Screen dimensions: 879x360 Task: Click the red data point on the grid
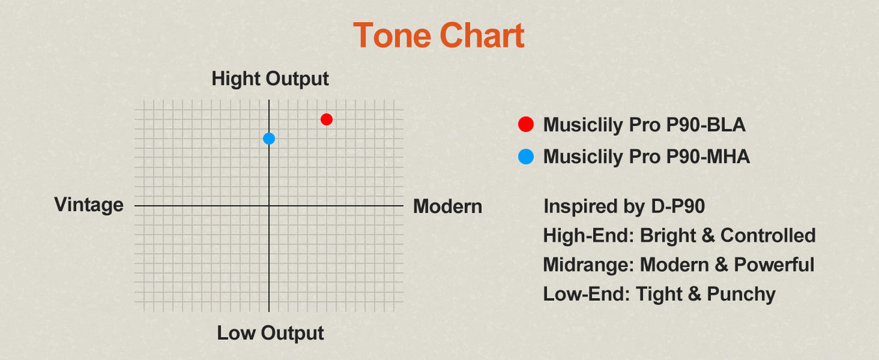point(326,119)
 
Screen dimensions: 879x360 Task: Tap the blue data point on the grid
point(269,139)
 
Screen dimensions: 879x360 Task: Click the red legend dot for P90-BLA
point(526,124)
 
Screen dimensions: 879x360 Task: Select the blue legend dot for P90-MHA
point(526,156)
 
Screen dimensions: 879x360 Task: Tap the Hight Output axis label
point(270,79)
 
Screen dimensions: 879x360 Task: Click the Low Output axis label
point(270,333)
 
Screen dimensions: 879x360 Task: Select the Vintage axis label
point(89,205)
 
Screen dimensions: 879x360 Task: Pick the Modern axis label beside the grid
point(448,206)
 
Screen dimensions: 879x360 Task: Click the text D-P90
point(678,206)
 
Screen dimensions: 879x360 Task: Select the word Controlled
point(768,235)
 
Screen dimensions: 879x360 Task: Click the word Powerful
point(774,265)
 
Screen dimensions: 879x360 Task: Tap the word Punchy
point(741,294)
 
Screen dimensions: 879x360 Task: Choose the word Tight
point(659,294)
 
